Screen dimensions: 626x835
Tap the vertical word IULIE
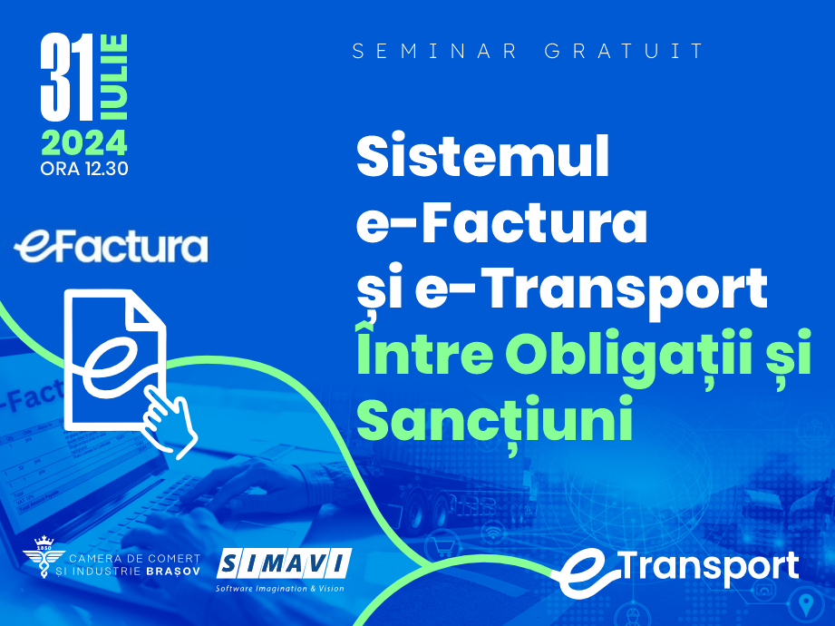114,80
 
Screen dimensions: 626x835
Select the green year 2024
83,143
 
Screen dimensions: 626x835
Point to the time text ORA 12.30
83,169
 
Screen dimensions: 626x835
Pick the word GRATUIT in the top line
625,51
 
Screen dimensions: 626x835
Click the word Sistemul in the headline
482,159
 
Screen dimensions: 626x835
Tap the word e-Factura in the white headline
501,224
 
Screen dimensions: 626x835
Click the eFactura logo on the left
111,247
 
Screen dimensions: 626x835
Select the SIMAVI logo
284,566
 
